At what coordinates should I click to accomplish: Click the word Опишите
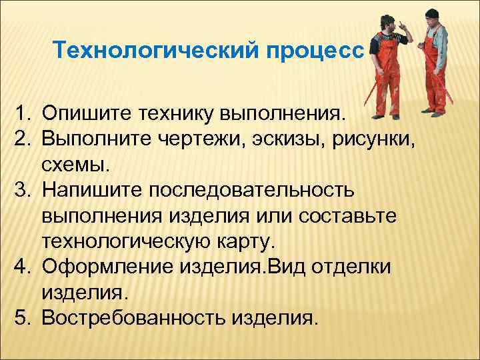[x=87, y=112]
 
